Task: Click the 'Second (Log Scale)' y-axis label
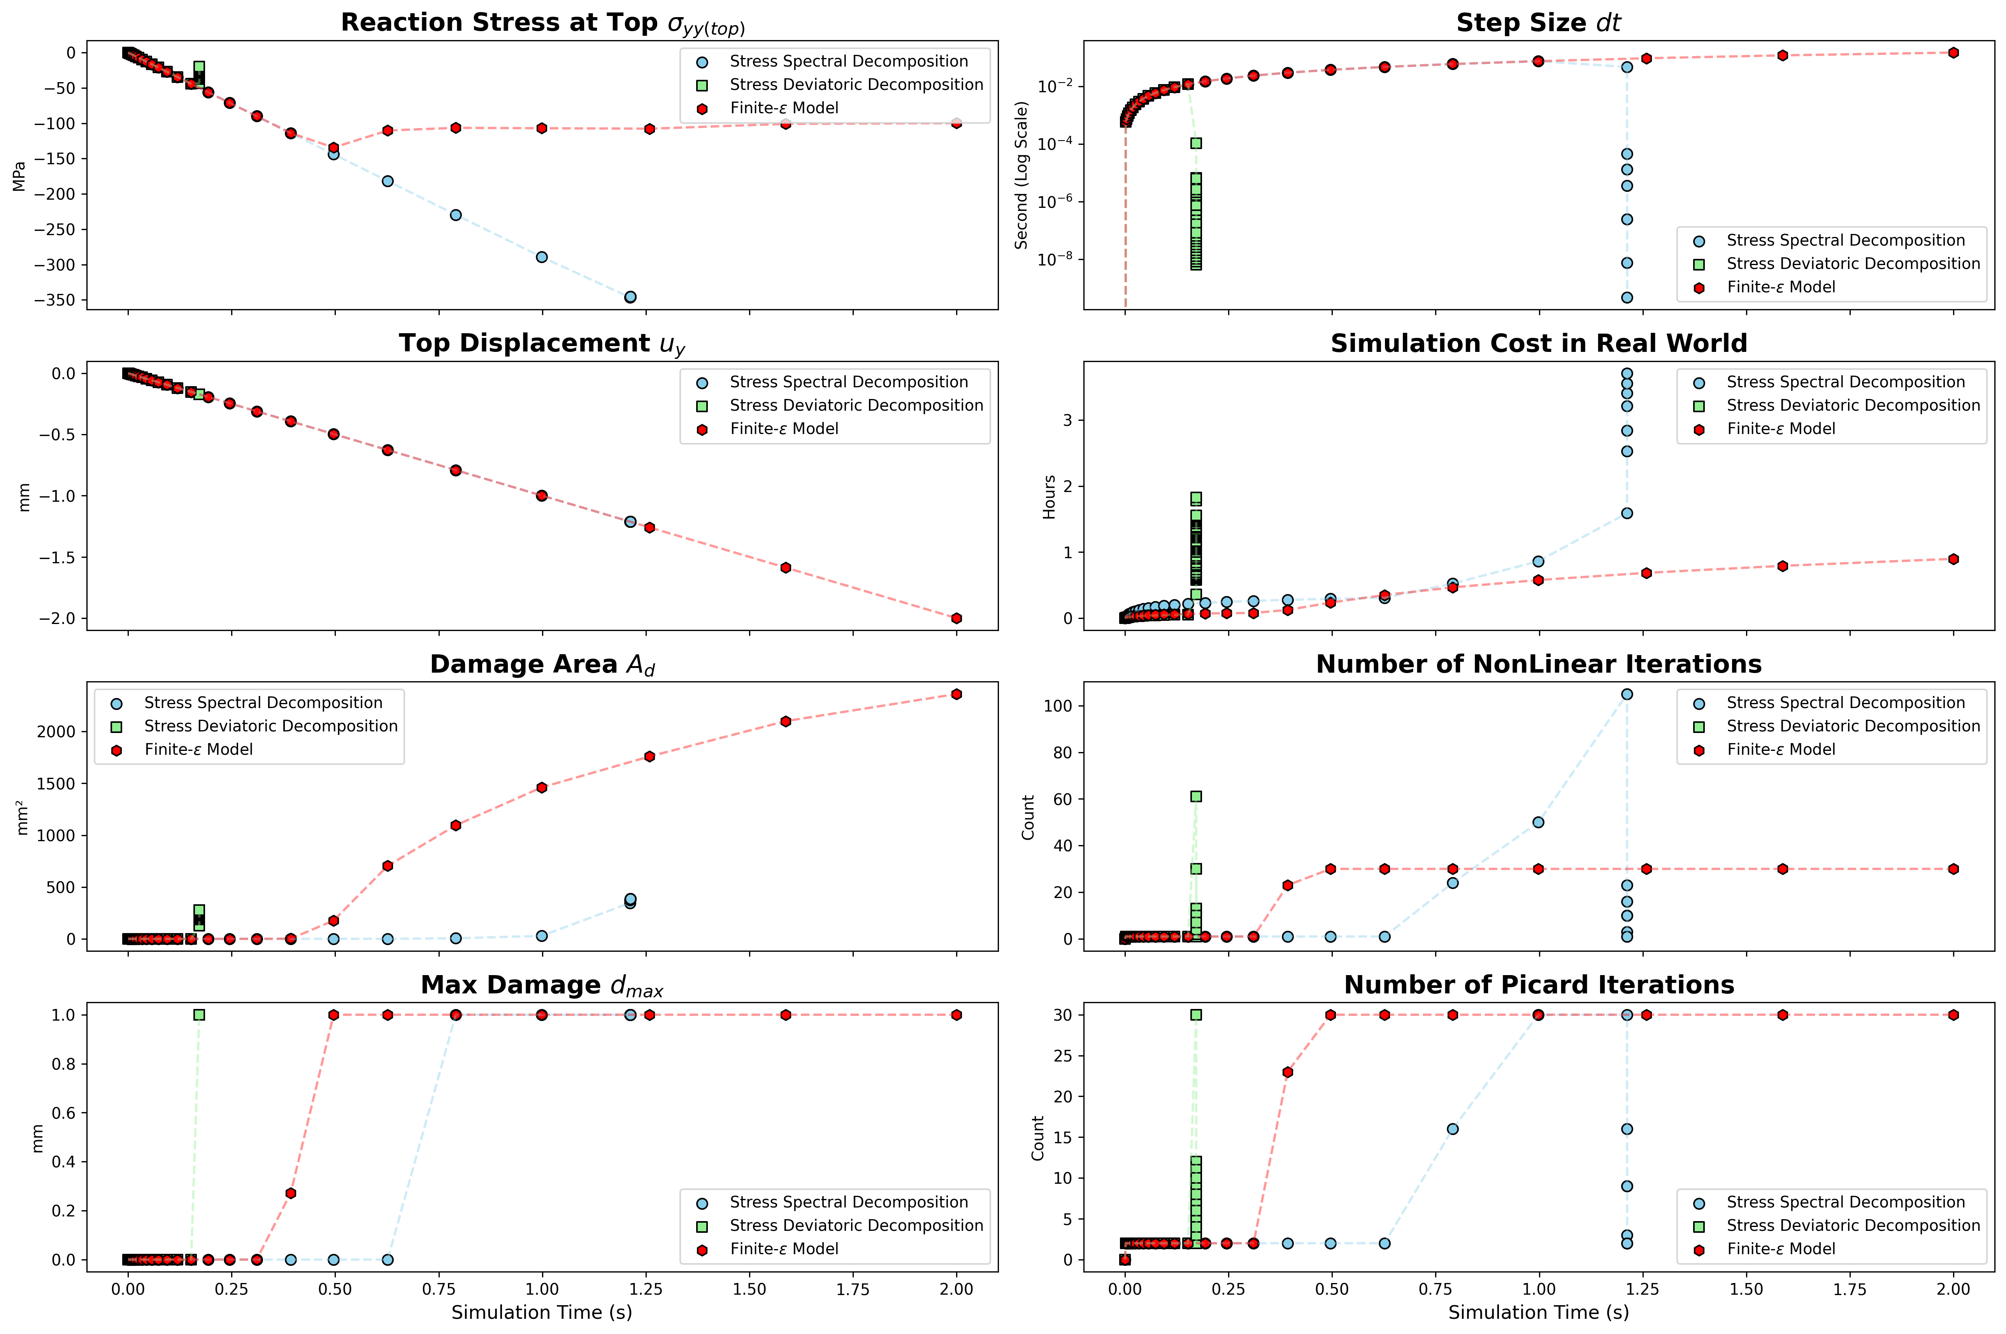[1021, 175]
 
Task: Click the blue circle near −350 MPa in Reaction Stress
[630, 297]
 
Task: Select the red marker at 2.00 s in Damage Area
[956, 694]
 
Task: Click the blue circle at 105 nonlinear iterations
[1627, 694]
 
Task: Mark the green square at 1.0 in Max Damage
[199, 1015]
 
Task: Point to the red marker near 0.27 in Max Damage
[291, 1193]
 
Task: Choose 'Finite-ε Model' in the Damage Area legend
[198, 750]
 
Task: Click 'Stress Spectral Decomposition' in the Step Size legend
[1845, 241]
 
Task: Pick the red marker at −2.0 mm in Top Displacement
[956, 619]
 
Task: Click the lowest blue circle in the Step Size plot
[1627, 298]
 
